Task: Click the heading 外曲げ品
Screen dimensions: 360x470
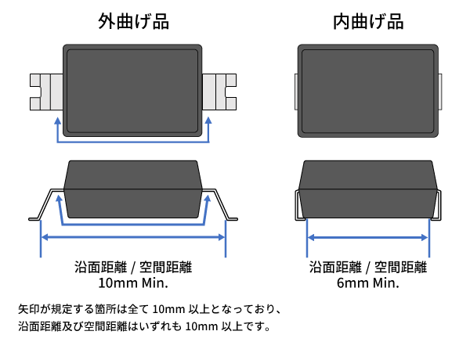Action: tap(133, 22)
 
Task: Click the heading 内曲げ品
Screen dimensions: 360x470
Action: tap(368, 22)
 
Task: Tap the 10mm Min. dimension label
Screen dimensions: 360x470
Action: tap(133, 283)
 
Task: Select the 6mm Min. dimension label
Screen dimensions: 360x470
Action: tap(368, 283)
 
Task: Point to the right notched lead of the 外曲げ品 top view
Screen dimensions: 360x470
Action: tap(220, 92)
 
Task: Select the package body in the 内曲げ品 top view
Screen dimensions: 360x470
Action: tap(368, 90)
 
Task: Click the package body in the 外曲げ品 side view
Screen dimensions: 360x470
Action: tap(132, 189)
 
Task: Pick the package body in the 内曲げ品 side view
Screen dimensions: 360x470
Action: tap(368, 189)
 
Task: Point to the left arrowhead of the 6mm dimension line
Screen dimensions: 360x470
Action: tap(309, 237)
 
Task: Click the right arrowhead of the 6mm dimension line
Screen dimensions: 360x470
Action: tap(427, 237)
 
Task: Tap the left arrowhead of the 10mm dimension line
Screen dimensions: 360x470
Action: tap(43, 237)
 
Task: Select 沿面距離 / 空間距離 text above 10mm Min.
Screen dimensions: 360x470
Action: tap(133, 267)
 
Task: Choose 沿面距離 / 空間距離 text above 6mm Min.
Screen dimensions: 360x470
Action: tap(368, 267)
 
